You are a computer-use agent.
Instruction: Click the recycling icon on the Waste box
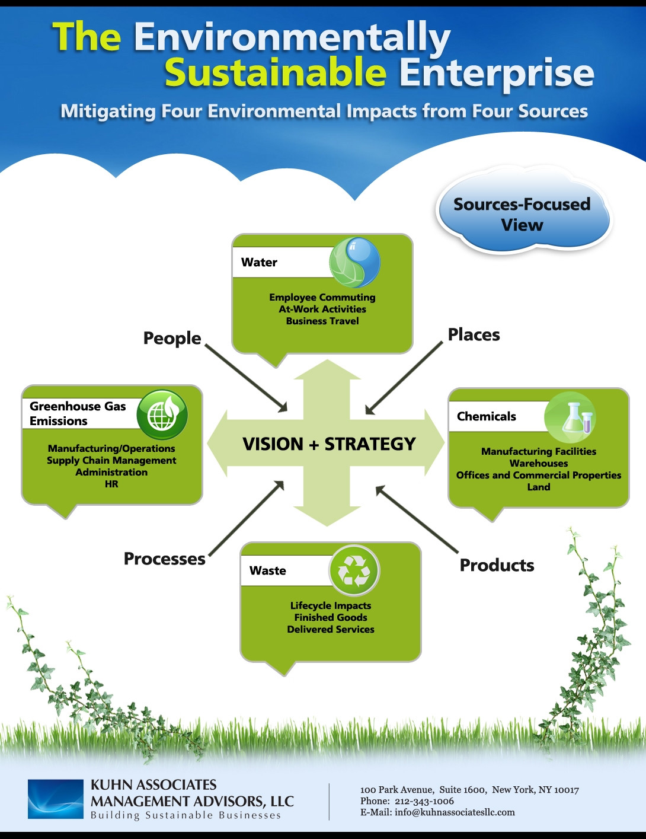[354, 570]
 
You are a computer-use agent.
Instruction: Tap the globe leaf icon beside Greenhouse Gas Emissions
[162, 414]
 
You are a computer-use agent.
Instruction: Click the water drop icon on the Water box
[354, 262]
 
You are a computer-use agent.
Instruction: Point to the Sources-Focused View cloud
[522, 215]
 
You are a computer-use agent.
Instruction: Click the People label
[172, 338]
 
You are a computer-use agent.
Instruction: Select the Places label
[474, 335]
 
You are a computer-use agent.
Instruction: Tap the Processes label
[164, 559]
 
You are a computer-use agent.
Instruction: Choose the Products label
[497, 566]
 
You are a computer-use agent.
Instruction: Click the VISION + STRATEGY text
[329, 444]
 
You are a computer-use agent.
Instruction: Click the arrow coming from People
[246, 378]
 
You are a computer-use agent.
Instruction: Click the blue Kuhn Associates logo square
[56, 799]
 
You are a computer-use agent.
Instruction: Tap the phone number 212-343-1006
[424, 801]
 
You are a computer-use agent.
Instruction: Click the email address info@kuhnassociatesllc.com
[455, 812]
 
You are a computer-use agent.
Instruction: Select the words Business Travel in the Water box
[322, 321]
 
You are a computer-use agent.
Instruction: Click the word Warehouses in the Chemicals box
[539, 464]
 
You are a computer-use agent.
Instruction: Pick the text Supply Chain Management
[111, 461]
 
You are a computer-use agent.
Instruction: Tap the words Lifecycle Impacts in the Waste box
[331, 606]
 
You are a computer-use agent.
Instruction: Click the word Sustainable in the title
[276, 73]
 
